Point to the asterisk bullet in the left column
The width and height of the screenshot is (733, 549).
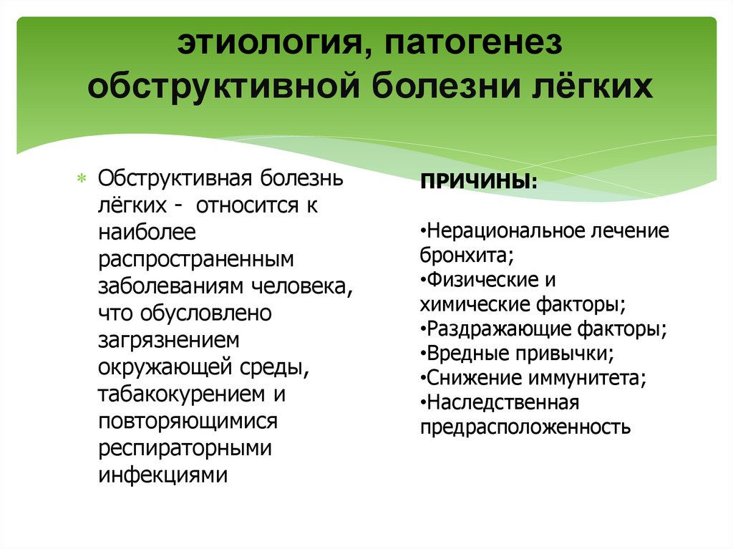[82, 178]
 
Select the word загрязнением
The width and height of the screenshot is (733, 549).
[169, 340]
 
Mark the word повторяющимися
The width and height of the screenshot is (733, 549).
[188, 421]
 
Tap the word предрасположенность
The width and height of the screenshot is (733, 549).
[525, 428]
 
